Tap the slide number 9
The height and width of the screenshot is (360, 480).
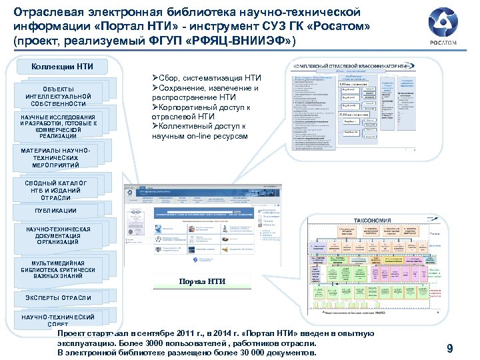pos(450,348)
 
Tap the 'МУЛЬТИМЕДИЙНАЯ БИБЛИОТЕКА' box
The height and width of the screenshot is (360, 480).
pos(59,268)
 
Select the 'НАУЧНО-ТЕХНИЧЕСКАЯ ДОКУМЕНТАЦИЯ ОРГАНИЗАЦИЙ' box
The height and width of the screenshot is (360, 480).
pos(59,236)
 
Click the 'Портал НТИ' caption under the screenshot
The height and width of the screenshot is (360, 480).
pos(203,281)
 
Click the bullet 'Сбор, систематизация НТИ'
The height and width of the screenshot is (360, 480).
pos(206,79)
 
